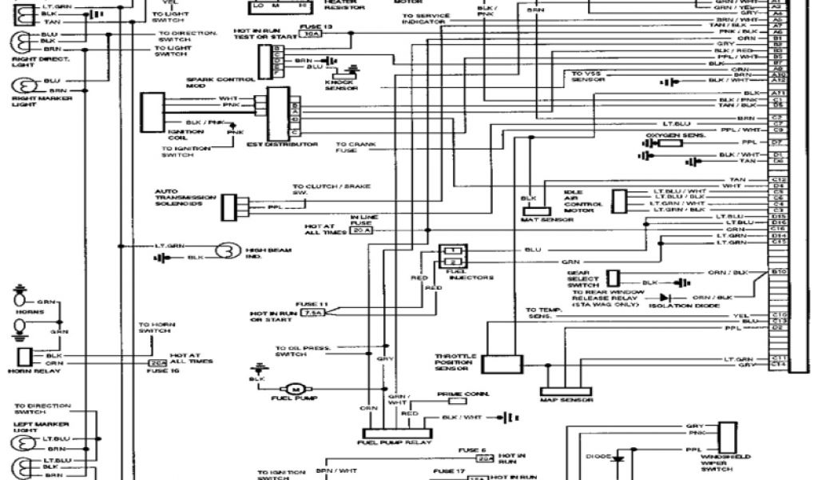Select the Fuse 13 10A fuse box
point(313,34)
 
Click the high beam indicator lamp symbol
point(230,250)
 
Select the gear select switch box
point(613,277)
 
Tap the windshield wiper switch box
point(728,438)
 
